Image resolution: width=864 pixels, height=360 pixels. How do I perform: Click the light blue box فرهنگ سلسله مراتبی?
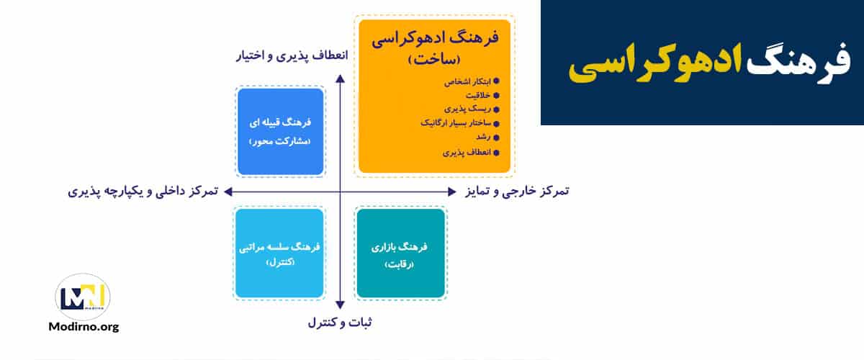[279, 253]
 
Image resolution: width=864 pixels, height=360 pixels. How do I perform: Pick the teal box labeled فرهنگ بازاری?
[400, 253]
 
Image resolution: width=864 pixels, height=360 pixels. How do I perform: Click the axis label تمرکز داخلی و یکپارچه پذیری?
[144, 192]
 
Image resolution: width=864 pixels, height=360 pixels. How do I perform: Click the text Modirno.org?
[83, 327]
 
